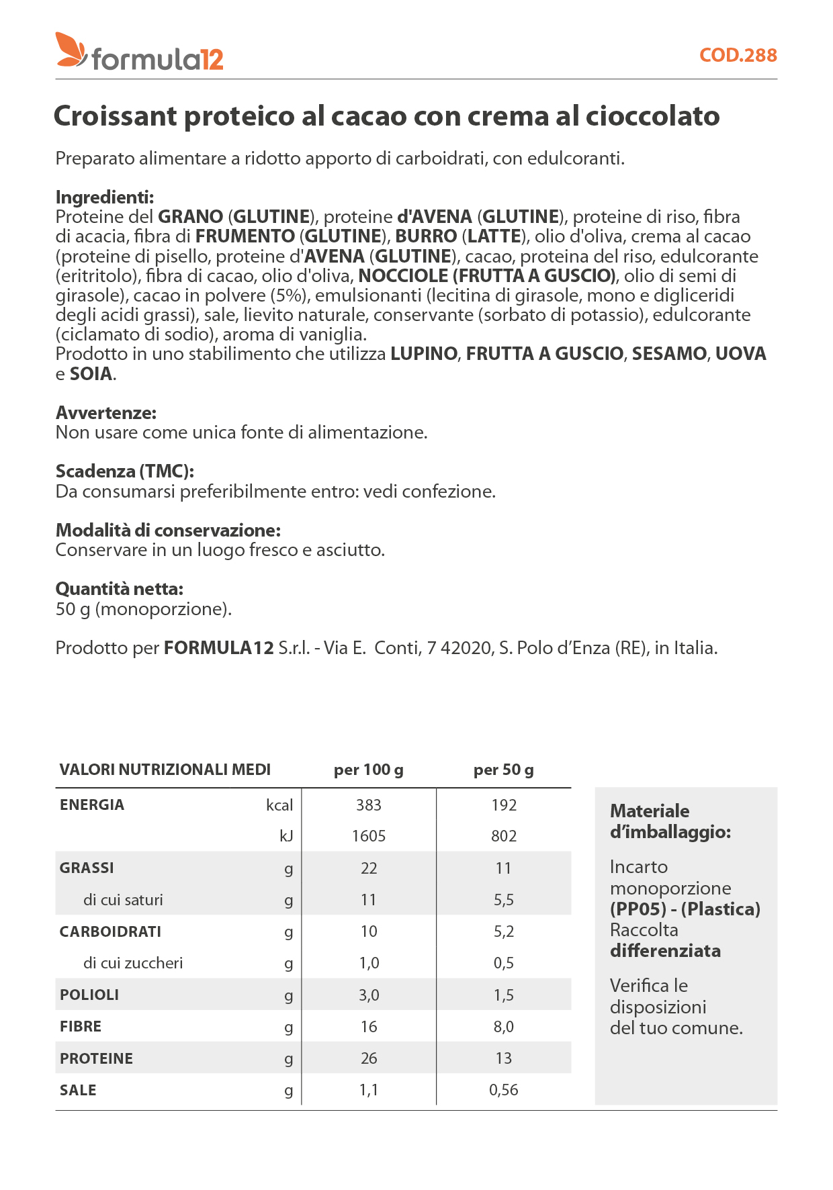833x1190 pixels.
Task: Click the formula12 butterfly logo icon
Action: click(71, 50)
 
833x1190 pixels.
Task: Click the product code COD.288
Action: click(738, 55)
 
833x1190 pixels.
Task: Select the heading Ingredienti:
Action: click(105, 197)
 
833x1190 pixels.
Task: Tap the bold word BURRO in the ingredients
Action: click(426, 236)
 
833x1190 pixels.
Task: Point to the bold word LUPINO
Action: click(424, 354)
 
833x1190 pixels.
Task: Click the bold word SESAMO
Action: click(669, 354)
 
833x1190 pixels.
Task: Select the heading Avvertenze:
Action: click(106, 412)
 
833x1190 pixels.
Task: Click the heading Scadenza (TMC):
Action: click(125, 471)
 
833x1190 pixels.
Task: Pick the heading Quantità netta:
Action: click(120, 589)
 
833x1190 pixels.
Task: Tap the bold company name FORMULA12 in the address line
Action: click(219, 648)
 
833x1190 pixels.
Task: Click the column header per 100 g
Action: click(368, 770)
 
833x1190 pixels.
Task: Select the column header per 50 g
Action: click(503, 770)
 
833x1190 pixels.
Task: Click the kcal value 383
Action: click(368, 805)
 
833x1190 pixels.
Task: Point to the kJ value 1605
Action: click(368, 836)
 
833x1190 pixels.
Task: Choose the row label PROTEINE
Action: click(96, 1058)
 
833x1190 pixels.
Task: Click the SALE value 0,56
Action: click(503, 1090)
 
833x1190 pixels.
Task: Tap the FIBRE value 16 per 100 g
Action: click(368, 1027)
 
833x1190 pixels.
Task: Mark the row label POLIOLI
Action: click(89, 995)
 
